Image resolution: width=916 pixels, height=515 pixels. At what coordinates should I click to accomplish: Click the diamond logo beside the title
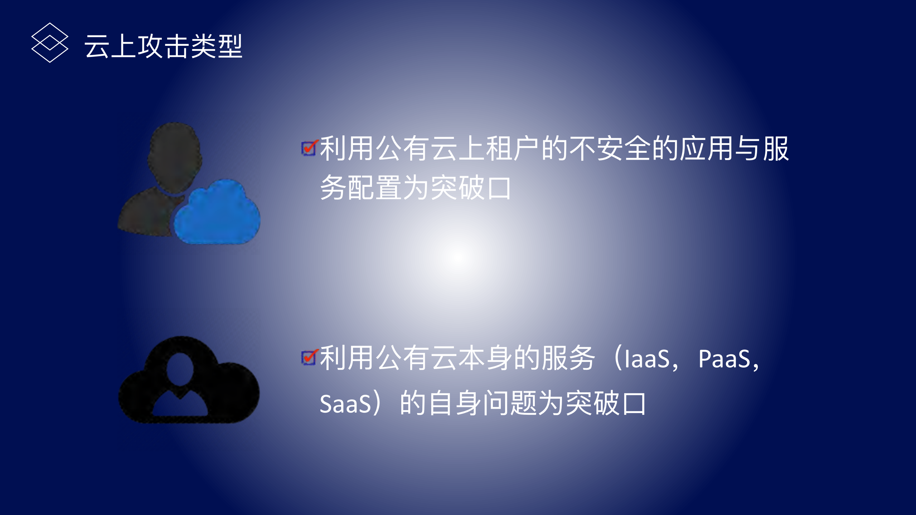[x=50, y=43]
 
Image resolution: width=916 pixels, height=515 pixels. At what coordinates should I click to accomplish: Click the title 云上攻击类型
[x=163, y=47]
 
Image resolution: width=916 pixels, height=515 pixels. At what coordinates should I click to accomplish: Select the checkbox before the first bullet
[x=309, y=148]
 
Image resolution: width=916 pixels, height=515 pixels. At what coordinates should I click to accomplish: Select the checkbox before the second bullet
[x=309, y=357]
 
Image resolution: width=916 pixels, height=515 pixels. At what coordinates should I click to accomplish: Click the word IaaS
[x=646, y=359]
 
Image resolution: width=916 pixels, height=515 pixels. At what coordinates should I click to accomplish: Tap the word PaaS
[x=724, y=359]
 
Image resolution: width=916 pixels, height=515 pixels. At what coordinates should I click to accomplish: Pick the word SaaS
[x=345, y=404]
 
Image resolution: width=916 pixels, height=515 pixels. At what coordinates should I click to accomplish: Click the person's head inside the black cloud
[x=180, y=368]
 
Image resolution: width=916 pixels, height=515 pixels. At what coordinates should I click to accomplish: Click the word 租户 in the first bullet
[x=512, y=149]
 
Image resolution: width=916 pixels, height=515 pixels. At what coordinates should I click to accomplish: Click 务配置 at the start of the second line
[x=360, y=188]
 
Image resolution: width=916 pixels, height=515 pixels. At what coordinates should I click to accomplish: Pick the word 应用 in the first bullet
[x=707, y=149]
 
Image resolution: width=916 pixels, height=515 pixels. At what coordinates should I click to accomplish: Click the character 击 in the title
[x=177, y=47]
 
